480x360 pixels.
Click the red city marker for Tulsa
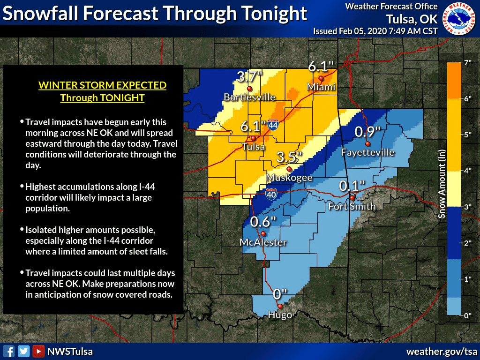[x=253, y=138]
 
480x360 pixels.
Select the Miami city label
[x=321, y=87]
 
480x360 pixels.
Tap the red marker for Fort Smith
[x=352, y=198]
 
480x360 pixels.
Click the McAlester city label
[x=263, y=242]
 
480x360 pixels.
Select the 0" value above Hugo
[x=279, y=294]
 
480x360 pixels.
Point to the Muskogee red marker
[x=289, y=169]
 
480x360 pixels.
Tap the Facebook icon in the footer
[x=8, y=351]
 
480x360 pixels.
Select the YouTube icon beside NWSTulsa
[x=39, y=351]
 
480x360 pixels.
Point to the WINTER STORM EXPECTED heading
[x=102, y=85]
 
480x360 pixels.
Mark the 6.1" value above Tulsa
[x=254, y=126]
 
